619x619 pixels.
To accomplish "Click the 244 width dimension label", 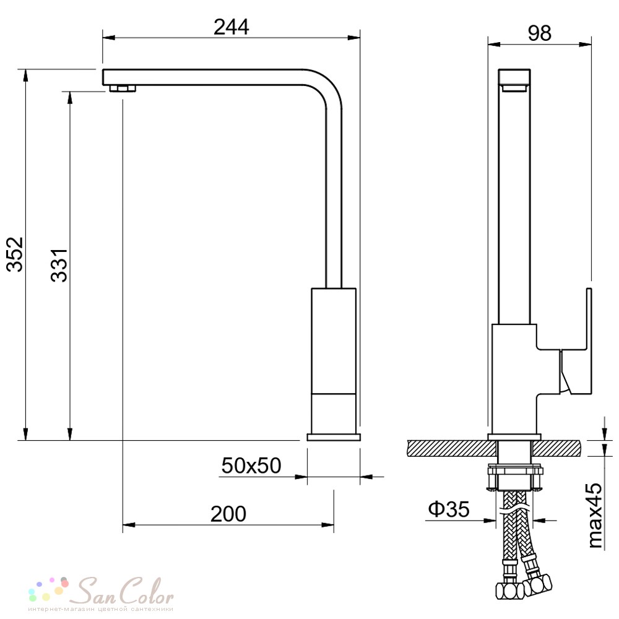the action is [x=232, y=27].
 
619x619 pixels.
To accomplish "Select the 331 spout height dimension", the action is [x=59, y=265].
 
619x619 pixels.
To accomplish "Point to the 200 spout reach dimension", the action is [x=228, y=514].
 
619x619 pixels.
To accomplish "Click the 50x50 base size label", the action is [x=251, y=465].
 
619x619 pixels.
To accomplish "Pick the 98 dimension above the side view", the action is [x=539, y=33].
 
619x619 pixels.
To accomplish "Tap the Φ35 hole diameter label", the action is [x=449, y=509].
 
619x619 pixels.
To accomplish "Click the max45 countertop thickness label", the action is [x=595, y=515].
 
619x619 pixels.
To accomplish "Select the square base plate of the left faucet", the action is [x=334, y=436].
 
